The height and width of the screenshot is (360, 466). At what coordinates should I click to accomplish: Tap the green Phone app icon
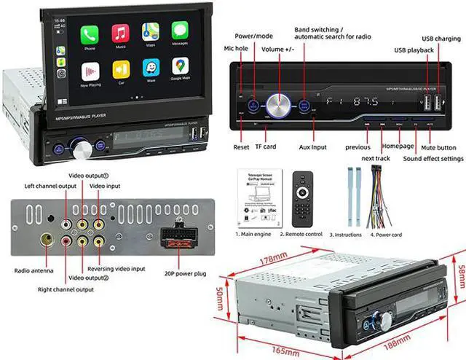(x=90, y=34)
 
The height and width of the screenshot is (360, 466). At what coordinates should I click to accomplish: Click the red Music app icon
(x=120, y=34)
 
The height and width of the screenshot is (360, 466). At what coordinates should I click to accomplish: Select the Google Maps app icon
(x=181, y=68)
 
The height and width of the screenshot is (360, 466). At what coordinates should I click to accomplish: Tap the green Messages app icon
(x=181, y=33)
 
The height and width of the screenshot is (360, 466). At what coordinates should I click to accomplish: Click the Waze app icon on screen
(x=151, y=69)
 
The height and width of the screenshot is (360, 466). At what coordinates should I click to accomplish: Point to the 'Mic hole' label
(x=236, y=47)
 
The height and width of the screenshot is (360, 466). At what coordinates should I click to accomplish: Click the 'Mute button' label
(x=441, y=146)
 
